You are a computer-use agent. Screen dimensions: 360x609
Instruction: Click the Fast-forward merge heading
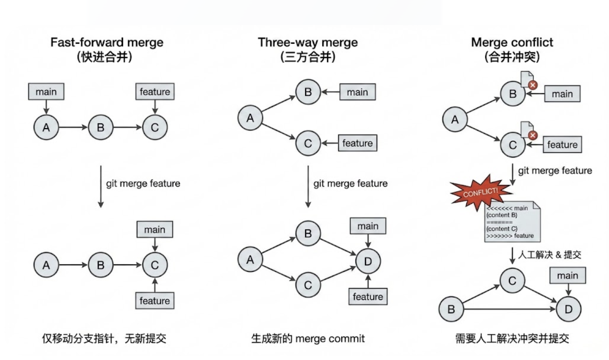107,42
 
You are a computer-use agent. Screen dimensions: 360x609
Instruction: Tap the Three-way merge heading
308,42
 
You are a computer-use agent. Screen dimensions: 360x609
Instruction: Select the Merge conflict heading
512,42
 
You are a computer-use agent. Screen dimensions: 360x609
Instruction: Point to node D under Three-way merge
368,261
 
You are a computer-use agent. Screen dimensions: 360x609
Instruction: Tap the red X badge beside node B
533,85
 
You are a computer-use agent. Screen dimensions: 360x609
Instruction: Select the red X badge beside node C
533,135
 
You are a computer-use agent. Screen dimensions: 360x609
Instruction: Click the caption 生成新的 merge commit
308,339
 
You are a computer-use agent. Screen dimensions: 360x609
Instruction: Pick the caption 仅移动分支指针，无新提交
104,339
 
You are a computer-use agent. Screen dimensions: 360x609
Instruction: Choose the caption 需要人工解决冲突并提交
512,339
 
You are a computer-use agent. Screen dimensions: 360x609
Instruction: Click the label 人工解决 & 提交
549,255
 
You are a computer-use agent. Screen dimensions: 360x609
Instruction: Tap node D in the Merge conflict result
568,309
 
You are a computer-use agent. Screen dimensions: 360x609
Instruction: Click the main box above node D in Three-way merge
368,226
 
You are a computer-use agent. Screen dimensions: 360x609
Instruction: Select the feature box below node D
368,297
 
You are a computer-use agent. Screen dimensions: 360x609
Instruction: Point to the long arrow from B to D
509,309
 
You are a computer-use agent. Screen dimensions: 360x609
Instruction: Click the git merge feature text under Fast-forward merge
143,183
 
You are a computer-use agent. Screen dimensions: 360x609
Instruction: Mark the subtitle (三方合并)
308,57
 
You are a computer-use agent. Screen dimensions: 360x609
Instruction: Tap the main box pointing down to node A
46,92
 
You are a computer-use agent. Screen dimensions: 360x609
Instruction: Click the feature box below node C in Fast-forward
155,301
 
